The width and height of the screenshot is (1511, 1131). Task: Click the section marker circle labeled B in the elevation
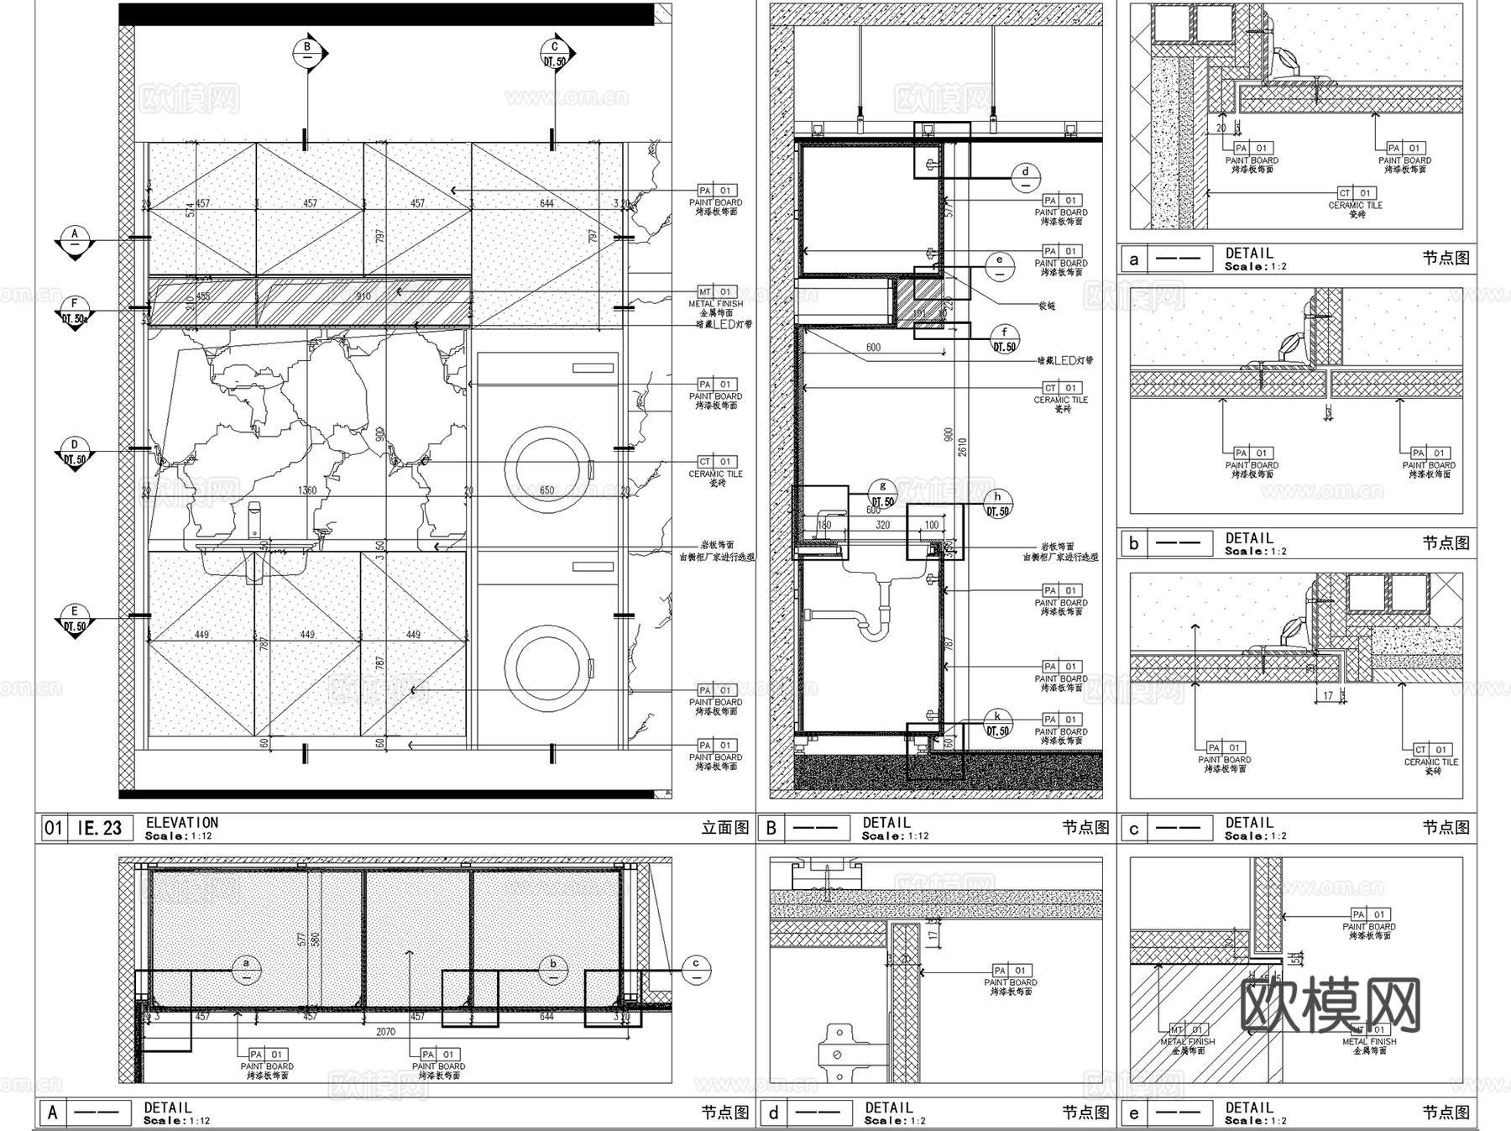pos(307,53)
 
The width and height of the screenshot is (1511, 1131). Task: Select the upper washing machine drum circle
pos(548,469)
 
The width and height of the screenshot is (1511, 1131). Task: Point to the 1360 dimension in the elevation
pos(307,490)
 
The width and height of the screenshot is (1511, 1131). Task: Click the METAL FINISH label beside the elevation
pos(715,303)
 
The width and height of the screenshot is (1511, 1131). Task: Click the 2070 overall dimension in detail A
pos(385,1032)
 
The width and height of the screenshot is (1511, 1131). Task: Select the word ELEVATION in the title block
pos(181,823)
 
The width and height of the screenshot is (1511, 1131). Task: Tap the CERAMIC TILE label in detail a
pos(1355,205)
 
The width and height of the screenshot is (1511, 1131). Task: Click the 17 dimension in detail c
pos(1328,696)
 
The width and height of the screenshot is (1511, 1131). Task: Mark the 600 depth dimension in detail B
pos(873,348)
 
